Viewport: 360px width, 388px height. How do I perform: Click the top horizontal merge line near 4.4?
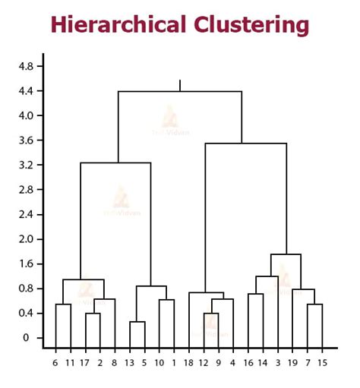180,91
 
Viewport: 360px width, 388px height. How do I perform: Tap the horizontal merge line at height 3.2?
115,162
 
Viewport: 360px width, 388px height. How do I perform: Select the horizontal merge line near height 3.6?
245,143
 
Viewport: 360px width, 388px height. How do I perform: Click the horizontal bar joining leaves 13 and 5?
137,322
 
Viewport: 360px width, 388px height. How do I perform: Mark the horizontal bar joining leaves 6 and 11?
63,304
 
